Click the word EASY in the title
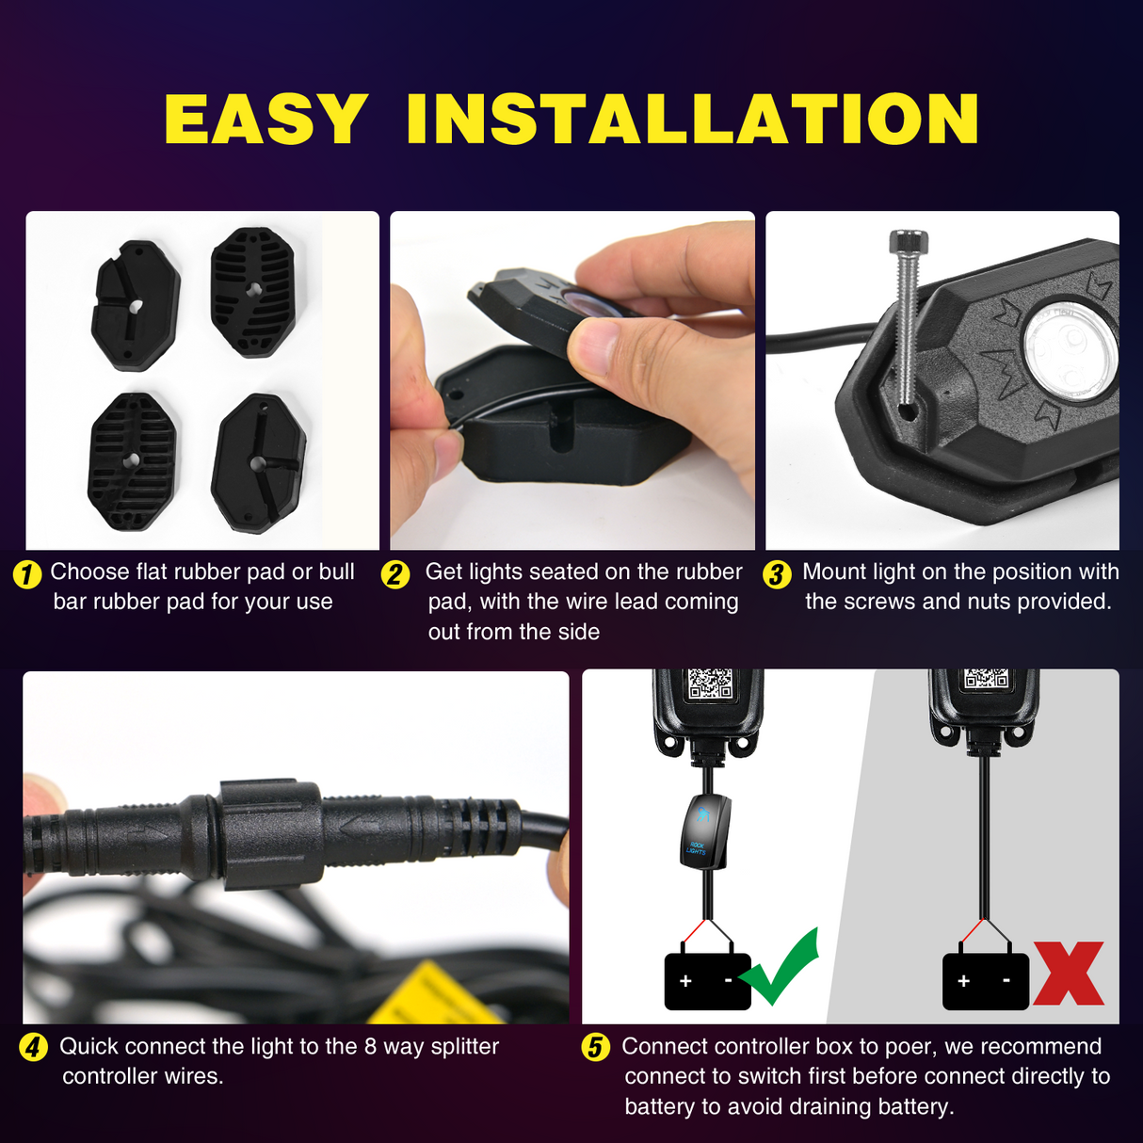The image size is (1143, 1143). click(266, 120)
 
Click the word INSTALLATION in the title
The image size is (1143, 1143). click(693, 120)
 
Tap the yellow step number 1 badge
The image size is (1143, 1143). click(27, 573)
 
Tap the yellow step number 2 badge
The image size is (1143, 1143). click(395, 573)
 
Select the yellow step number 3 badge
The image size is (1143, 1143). click(777, 573)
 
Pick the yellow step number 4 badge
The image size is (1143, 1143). click(34, 1047)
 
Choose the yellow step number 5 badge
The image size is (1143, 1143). click(596, 1047)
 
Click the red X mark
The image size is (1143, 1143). click(1069, 974)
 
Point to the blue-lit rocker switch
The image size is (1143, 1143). click(705, 830)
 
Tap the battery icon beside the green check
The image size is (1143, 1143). click(707, 982)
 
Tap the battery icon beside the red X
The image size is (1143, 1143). click(985, 982)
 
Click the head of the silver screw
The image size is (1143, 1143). click(908, 242)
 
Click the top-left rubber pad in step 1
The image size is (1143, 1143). click(136, 305)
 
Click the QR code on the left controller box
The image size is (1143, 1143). click(710, 683)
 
